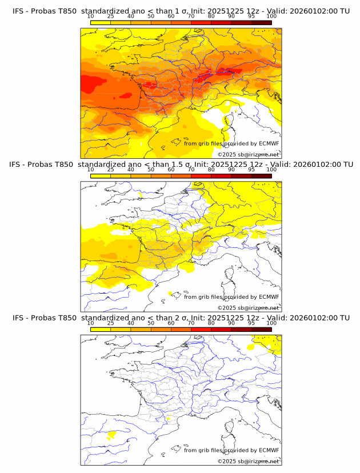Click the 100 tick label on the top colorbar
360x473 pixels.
(271, 17)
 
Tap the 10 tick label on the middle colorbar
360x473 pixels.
(91, 170)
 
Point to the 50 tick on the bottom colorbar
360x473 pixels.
(151, 323)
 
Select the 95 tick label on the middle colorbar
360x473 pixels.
(251, 170)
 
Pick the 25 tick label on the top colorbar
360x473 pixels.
(111, 17)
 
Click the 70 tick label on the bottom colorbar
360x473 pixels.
(191, 323)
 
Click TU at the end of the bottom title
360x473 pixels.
(345, 318)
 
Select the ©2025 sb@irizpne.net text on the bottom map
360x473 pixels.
(248, 461)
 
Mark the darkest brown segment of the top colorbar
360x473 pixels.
(261, 22)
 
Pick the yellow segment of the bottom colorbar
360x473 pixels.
(101, 328)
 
